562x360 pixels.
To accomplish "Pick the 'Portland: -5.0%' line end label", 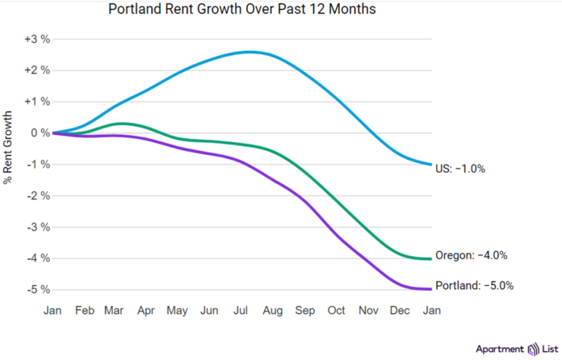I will coord(475,285).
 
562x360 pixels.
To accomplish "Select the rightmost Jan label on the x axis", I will coord(432,309).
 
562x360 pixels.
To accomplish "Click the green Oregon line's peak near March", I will coord(120,123).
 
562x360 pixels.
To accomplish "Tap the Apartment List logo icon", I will coord(532,349).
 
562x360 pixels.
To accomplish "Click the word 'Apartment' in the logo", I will coord(498,349).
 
